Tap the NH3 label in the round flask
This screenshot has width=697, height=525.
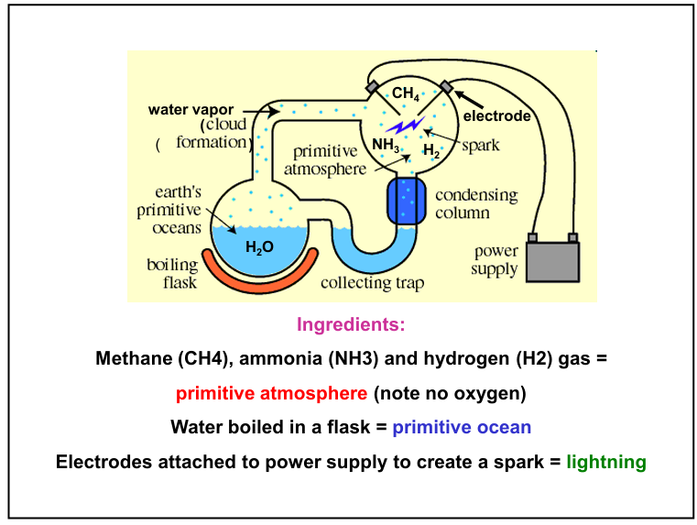pos(385,145)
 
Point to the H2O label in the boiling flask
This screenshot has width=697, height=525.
pos(259,246)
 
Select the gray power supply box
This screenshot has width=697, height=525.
pos(552,260)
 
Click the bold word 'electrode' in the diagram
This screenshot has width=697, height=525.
pos(496,116)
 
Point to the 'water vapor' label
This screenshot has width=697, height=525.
pos(191,110)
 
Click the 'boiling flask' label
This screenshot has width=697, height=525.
pos(172,273)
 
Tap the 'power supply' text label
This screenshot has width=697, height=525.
pos(495,260)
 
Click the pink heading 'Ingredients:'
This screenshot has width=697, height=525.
pos(351,324)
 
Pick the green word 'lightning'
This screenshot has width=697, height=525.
pos(606,462)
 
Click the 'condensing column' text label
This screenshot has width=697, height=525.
pos(475,203)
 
